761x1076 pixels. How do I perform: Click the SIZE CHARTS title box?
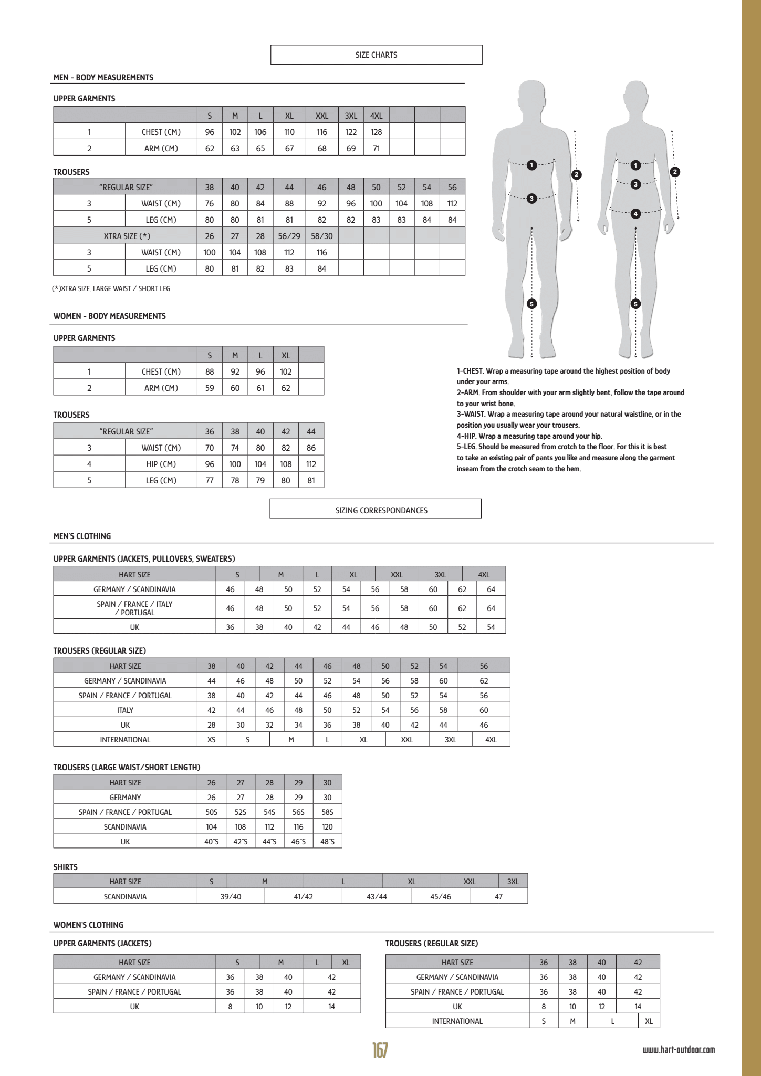tap(376, 55)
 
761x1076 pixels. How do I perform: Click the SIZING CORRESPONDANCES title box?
tap(376, 510)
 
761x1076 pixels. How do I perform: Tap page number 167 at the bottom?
tap(380, 1050)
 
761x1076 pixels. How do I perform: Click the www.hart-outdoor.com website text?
tap(679, 1050)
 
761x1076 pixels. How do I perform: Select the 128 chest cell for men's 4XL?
tap(376, 132)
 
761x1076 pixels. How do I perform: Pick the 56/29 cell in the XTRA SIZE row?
tap(289, 236)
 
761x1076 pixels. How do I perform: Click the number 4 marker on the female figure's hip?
tap(635, 214)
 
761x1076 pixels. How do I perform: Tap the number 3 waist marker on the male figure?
tap(531, 198)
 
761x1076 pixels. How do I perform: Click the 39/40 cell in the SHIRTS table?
tap(231, 896)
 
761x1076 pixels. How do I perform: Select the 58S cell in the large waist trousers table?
tap(327, 812)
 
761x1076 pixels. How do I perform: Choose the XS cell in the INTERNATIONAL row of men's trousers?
tap(211, 739)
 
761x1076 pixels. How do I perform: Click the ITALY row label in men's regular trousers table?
tap(125, 710)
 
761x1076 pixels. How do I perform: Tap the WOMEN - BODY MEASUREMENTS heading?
tap(109, 316)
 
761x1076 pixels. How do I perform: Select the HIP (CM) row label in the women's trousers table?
tap(161, 464)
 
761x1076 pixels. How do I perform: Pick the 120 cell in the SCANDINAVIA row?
tap(327, 826)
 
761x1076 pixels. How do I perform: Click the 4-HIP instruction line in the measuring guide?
tap(529, 436)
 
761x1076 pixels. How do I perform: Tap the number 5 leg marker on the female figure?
tap(635, 304)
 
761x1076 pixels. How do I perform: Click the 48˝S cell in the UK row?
tap(327, 841)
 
